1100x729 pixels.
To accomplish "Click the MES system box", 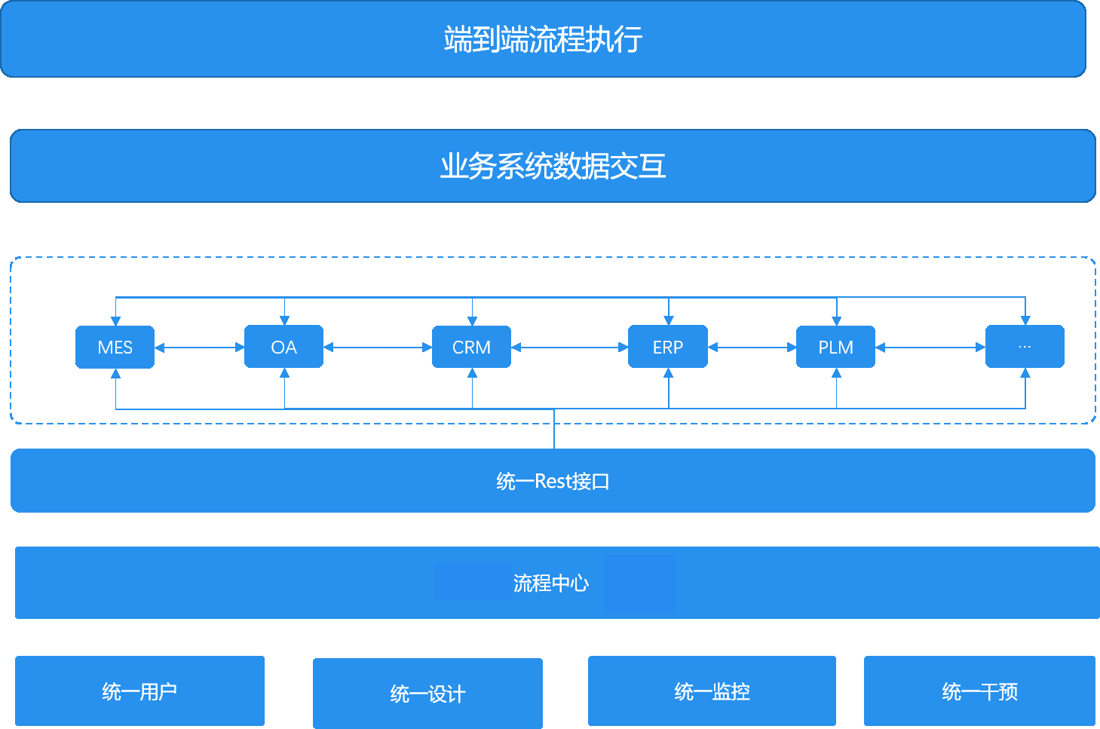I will pos(115,347).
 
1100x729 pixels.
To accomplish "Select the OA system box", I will pos(283,347).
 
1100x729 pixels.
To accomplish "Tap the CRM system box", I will pos(471,347).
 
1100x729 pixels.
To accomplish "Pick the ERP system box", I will pos(667,347).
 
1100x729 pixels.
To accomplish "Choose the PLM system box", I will pos(835,347).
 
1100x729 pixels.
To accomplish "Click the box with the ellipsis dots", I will pos(1025,347).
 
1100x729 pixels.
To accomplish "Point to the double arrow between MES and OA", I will pos(199,348).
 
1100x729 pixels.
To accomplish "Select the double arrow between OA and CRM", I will pos(377,348).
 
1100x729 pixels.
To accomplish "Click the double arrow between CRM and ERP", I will pos(569,348).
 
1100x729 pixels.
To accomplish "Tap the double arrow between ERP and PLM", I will pos(752,348).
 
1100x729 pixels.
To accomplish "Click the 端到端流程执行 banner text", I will pos(543,39).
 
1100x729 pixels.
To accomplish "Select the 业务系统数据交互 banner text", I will pos(553,166).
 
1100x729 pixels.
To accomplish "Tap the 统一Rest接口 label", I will pos(553,481).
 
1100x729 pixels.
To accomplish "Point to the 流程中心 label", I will pos(550,583).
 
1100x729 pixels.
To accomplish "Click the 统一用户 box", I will pos(139,691).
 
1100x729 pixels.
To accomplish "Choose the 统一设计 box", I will pos(427,694).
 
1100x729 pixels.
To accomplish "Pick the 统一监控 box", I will pos(712,691).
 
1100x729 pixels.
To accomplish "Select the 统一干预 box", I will pos(979,691).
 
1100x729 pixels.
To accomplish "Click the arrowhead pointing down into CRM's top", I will pos(472,321).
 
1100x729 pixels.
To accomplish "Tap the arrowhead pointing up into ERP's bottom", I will pos(668,373).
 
